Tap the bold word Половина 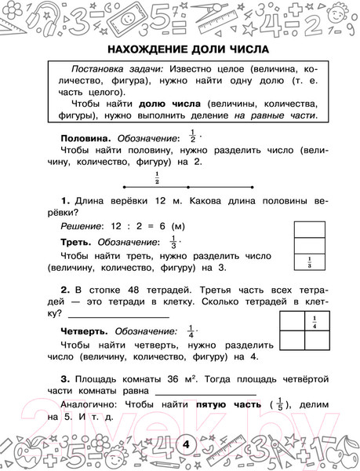82,137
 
